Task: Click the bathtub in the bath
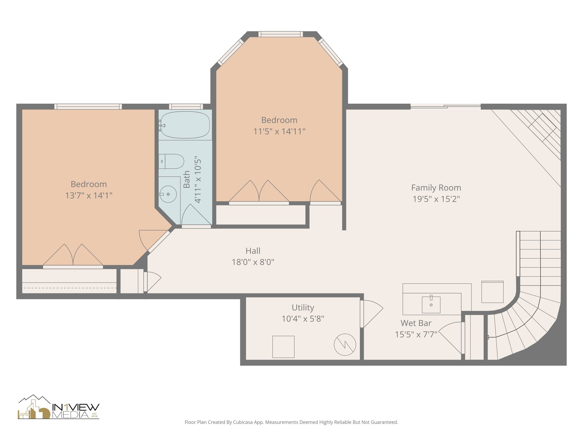tap(185, 125)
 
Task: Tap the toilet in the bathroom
tap(172, 161)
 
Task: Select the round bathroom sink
tap(168, 194)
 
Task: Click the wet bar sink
tap(431, 304)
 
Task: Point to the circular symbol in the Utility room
tap(345, 345)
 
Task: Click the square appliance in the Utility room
tap(283, 347)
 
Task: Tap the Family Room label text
tap(436, 188)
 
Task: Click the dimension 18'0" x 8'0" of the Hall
tap(253, 262)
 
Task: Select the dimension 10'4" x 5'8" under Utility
tap(303, 319)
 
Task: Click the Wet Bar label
tap(416, 323)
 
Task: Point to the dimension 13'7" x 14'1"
tap(89, 195)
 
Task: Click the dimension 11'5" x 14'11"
tap(279, 131)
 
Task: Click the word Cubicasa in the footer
tap(243, 422)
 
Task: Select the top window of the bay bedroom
tap(280, 34)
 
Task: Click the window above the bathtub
tap(186, 106)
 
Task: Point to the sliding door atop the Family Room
tap(445, 106)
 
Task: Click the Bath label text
tap(186, 179)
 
